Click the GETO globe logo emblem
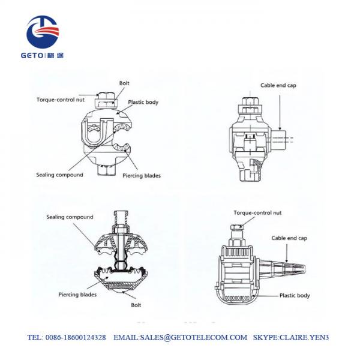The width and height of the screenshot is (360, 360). [x=43, y=32]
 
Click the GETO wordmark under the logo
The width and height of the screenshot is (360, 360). [x=32, y=55]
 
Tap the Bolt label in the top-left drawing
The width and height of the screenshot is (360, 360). [x=124, y=83]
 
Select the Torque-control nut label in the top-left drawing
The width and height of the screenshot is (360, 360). [x=61, y=100]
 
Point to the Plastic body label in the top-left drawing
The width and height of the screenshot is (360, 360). [x=143, y=102]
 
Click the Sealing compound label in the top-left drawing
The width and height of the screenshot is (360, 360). [x=59, y=175]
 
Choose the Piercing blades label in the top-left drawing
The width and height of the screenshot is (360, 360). [x=142, y=176]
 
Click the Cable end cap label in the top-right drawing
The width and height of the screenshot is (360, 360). [x=278, y=85]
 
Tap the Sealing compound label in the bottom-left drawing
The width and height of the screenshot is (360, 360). [x=70, y=217]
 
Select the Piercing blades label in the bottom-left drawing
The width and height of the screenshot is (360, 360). [x=77, y=295]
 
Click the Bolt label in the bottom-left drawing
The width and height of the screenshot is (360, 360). [x=136, y=305]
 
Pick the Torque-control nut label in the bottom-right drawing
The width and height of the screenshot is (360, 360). [x=257, y=213]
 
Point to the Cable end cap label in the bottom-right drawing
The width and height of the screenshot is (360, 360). [x=289, y=238]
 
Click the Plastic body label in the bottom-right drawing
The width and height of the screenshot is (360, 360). [x=295, y=295]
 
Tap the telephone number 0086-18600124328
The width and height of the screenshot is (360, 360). [x=76, y=337]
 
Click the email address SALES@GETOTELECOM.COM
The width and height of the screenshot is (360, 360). [x=194, y=337]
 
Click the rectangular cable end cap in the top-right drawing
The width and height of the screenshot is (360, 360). [x=278, y=139]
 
